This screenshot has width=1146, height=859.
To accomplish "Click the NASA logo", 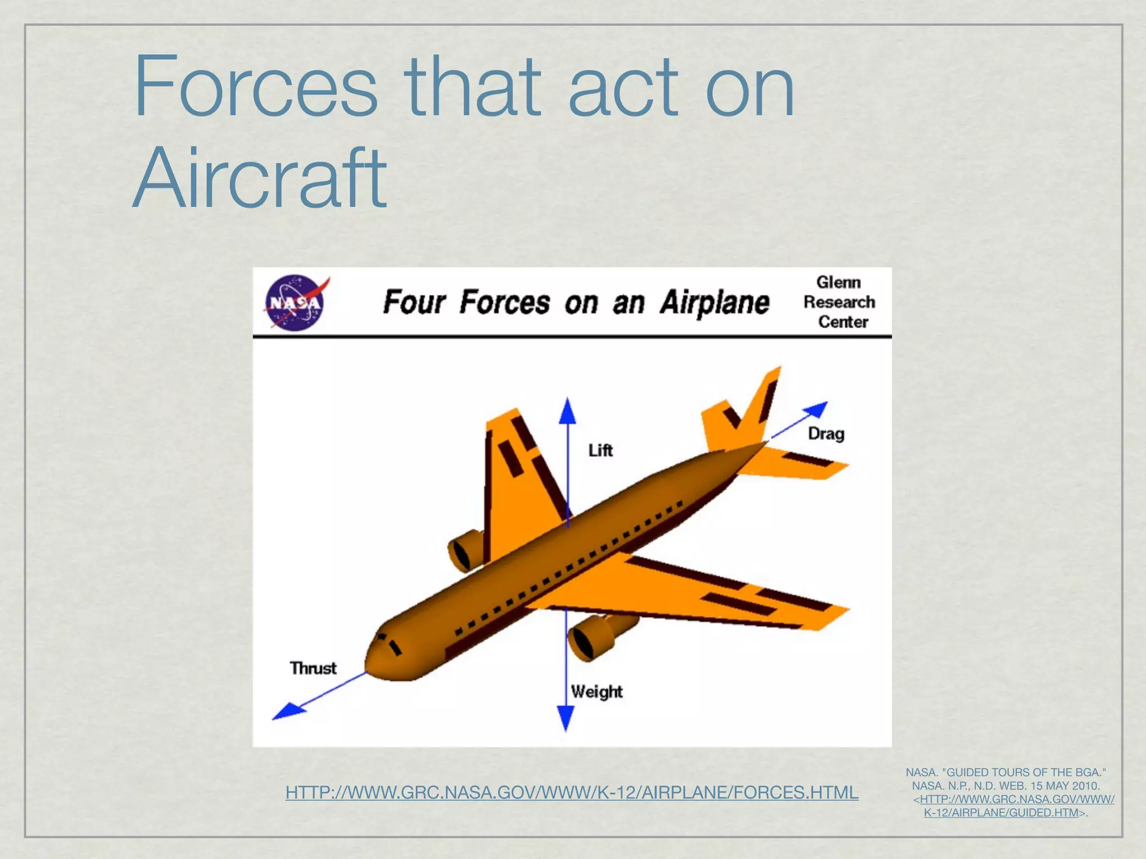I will [x=294, y=302].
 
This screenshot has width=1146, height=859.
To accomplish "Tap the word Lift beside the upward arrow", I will [x=600, y=450].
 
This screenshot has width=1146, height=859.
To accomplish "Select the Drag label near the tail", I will [x=826, y=433].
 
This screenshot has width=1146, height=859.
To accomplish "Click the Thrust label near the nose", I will [x=313, y=668].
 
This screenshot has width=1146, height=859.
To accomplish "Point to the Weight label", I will [x=597, y=692].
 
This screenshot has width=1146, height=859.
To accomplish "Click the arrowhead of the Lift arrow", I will [x=567, y=410].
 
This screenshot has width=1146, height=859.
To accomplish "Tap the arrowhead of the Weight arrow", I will [x=566, y=718].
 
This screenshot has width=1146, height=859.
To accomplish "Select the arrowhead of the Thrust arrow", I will [x=286, y=711].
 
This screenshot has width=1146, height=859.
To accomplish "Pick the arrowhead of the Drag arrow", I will [x=816, y=410].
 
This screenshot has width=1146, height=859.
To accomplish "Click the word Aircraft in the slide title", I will [x=260, y=178].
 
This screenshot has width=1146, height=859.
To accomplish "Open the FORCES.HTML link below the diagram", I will [x=571, y=792].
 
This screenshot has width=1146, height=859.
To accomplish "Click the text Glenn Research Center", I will [x=839, y=302].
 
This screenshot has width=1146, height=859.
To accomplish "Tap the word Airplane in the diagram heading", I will [x=715, y=303].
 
